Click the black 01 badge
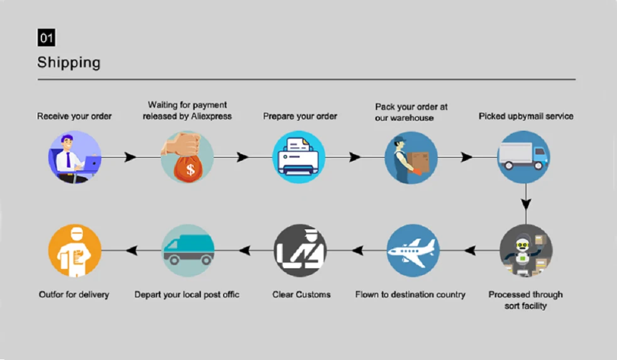(46, 38)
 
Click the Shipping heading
(68, 62)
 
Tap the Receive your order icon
(75, 157)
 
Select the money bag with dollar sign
(187, 157)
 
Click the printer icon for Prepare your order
(299, 157)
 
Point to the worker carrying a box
(411, 157)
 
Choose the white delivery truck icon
(523, 157)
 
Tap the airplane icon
(413, 251)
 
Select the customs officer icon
(300, 251)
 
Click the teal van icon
(188, 251)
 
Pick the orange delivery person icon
(75, 251)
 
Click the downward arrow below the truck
(526, 204)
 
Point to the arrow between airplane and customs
(357, 251)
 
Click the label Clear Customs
(302, 294)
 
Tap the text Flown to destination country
(410, 294)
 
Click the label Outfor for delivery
(74, 294)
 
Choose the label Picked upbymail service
(526, 116)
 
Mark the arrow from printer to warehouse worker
(355, 157)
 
